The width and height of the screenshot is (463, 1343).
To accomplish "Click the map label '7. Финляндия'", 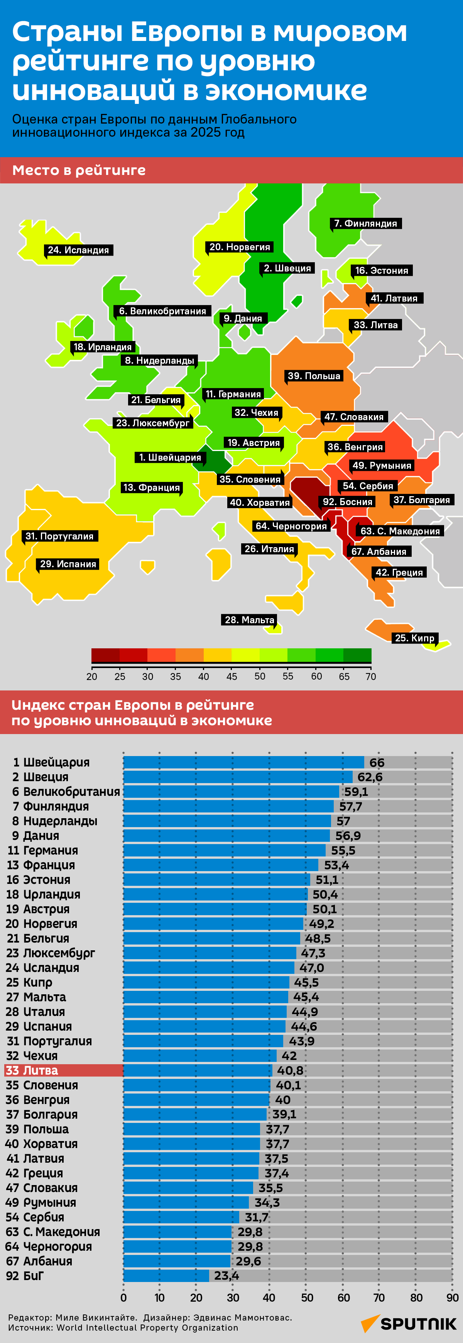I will pos(366,223).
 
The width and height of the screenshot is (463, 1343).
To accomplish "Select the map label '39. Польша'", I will pos(314,375).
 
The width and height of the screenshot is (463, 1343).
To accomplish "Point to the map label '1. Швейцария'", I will pos(169,457).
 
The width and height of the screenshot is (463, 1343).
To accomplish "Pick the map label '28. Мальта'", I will pos(250,619).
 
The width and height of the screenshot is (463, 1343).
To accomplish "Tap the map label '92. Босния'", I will pos(347,502).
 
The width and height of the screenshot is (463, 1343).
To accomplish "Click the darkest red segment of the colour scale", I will pos(105,655).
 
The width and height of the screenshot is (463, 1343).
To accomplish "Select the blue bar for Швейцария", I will pos(243,762).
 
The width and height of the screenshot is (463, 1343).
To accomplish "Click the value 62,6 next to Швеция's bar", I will pos(370,777).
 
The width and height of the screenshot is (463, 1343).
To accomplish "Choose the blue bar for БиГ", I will pos(166,1276).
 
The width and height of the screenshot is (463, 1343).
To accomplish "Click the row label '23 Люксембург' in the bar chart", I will pos(51,953).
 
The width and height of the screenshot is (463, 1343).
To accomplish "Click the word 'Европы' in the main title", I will pos(186,32).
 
